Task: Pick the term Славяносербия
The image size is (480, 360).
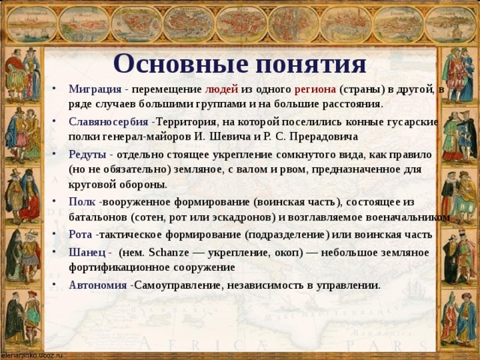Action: click(108, 123)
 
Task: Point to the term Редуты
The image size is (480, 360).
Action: click(86, 154)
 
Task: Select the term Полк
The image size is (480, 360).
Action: click(80, 202)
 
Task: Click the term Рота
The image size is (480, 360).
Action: click(80, 235)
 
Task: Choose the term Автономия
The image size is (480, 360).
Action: click(97, 285)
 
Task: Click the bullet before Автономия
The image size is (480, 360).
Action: click(58, 285)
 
